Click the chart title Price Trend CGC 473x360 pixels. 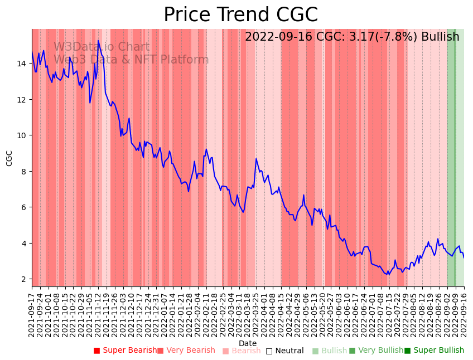click(240, 15)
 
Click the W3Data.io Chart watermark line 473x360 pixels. click(102, 47)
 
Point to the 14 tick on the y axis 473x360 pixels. click(22, 64)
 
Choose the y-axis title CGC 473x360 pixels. click(9, 158)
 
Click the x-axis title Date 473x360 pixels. click(248, 343)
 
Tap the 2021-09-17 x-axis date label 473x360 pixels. click(32, 313)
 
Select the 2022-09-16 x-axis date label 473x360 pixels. click(464, 313)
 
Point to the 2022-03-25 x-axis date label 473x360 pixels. click(256, 313)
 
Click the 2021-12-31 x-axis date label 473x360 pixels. click(156, 313)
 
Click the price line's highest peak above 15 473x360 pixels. click(98, 41)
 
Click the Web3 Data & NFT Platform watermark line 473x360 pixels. click(131, 60)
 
